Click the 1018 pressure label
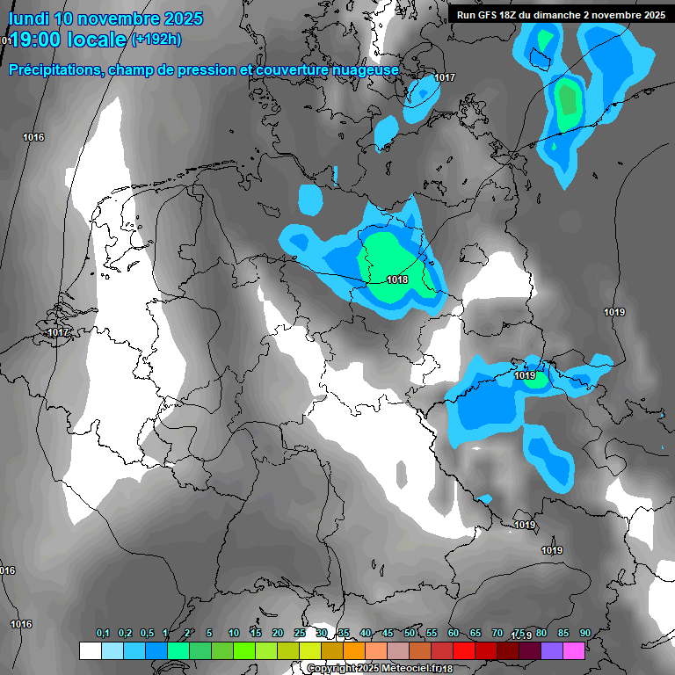(x=397, y=279)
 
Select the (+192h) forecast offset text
(x=156, y=39)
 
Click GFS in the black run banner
(x=494, y=15)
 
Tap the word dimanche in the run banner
(x=572, y=15)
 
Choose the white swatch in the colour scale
(x=90, y=651)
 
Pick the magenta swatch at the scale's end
(x=575, y=651)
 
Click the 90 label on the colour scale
(x=584, y=633)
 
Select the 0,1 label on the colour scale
(x=103, y=633)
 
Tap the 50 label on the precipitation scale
(x=410, y=633)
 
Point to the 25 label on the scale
(x=300, y=633)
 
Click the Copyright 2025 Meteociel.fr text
(x=374, y=669)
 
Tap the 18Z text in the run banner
(x=516, y=15)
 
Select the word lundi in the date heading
(x=28, y=18)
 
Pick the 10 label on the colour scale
(x=233, y=633)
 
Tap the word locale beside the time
(x=100, y=40)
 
